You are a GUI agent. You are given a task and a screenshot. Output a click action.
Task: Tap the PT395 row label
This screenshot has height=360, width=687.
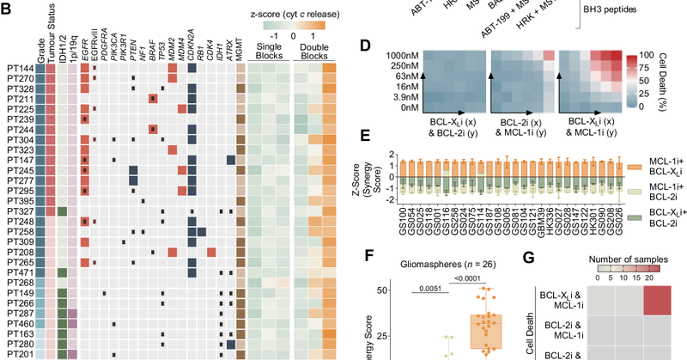pos(17,200)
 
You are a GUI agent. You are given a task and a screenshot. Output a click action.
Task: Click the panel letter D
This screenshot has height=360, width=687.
pos(365,46)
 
